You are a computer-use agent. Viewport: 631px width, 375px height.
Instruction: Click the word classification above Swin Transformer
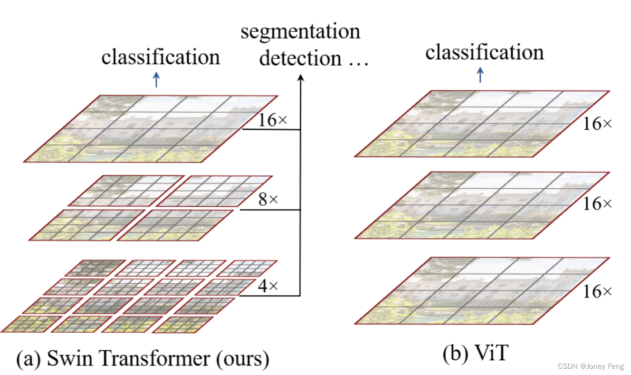tap(161, 58)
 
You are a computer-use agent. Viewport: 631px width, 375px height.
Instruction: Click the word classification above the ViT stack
tap(484, 52)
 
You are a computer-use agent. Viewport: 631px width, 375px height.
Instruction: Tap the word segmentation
tap(300, 32)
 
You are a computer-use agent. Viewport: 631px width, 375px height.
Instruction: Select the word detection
tap(300, 58)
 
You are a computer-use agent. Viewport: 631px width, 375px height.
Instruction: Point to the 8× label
tap(267, 200)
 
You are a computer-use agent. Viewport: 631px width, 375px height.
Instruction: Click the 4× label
tap(267, 285)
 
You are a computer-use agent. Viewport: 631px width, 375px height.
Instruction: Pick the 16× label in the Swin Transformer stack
tap(272, 120)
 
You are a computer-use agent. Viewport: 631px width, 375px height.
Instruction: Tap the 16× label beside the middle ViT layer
tap(597, 204)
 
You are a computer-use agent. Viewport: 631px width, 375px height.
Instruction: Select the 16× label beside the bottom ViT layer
tap(597, 291)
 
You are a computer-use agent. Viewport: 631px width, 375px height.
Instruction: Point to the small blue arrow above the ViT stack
tap(480, 75)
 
